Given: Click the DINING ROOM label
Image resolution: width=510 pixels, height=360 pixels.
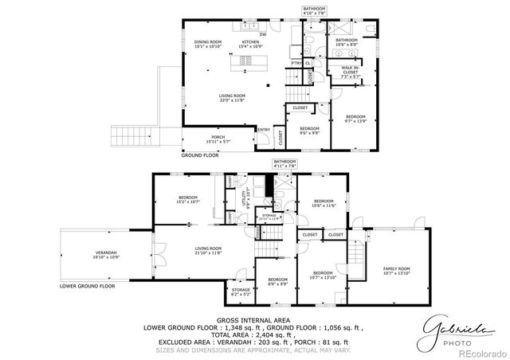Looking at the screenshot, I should pyautogui.click(x=207, y=43).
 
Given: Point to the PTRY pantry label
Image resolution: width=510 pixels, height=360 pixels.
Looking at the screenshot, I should pyautogui.click(x=296, y=63).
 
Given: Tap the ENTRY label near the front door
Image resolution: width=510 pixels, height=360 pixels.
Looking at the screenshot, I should pyautogui.click(x=264, y=130).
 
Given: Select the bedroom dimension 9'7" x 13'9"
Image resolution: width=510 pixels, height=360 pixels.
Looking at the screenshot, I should pyautogui.click(x=355, y=120).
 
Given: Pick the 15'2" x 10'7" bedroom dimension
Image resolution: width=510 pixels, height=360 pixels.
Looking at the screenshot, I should pyautogui.click(x=188, y=202).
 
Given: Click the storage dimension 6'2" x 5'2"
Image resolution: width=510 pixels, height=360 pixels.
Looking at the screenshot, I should pyautogui.click(x=241, y=294).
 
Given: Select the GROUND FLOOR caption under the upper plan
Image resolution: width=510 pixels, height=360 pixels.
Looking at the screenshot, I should pyautogui.click(x=200, y=155).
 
